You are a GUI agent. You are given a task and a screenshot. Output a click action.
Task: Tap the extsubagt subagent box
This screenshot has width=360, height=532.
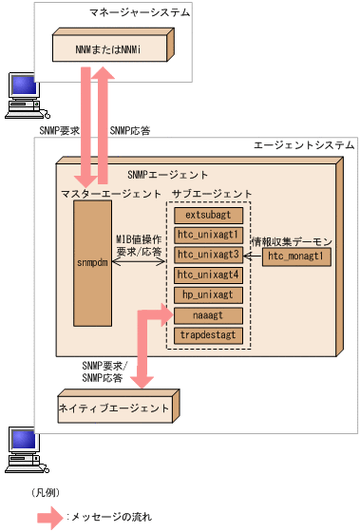(x=209, y=216)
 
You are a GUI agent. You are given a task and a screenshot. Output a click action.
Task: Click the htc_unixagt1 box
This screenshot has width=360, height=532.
(x=209, y=235)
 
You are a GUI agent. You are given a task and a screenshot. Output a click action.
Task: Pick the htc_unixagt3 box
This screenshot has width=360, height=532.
(x=209, y=255)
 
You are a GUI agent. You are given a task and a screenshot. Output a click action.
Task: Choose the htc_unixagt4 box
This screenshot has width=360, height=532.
(x=209, y=275)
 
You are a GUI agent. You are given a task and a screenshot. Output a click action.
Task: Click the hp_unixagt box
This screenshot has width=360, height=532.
(x=209, y=294)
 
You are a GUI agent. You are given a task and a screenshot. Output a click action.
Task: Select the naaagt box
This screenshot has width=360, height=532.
(x=209, y=314)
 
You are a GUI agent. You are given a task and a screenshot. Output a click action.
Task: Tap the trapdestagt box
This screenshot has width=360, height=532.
(x=209, y=334)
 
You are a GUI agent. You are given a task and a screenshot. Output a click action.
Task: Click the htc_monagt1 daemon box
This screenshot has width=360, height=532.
(x=296, y=256)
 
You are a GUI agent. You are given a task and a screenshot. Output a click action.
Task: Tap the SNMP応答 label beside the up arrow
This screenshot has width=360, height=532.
(x=129, y=130)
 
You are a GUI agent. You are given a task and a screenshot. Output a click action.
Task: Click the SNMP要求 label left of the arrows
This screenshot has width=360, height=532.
(x=59, y=130)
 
